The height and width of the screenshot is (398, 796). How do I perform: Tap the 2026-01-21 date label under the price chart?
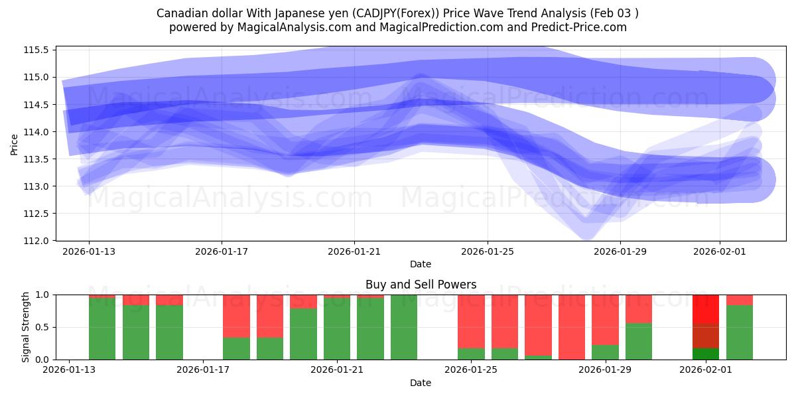point(354,252)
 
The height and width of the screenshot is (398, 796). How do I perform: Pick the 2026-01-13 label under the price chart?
point(89,252)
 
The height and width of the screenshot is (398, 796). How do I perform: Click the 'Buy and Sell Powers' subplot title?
point(421,285)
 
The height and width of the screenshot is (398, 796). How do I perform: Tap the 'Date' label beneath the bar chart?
point(421,383)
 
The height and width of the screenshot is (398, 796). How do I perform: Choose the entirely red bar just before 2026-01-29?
point(572,327)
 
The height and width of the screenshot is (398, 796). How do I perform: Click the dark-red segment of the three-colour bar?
point(706,336)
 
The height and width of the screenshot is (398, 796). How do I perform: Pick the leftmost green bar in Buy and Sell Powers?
point(102,328)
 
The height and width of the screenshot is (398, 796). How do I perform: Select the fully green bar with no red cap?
point(404,327)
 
